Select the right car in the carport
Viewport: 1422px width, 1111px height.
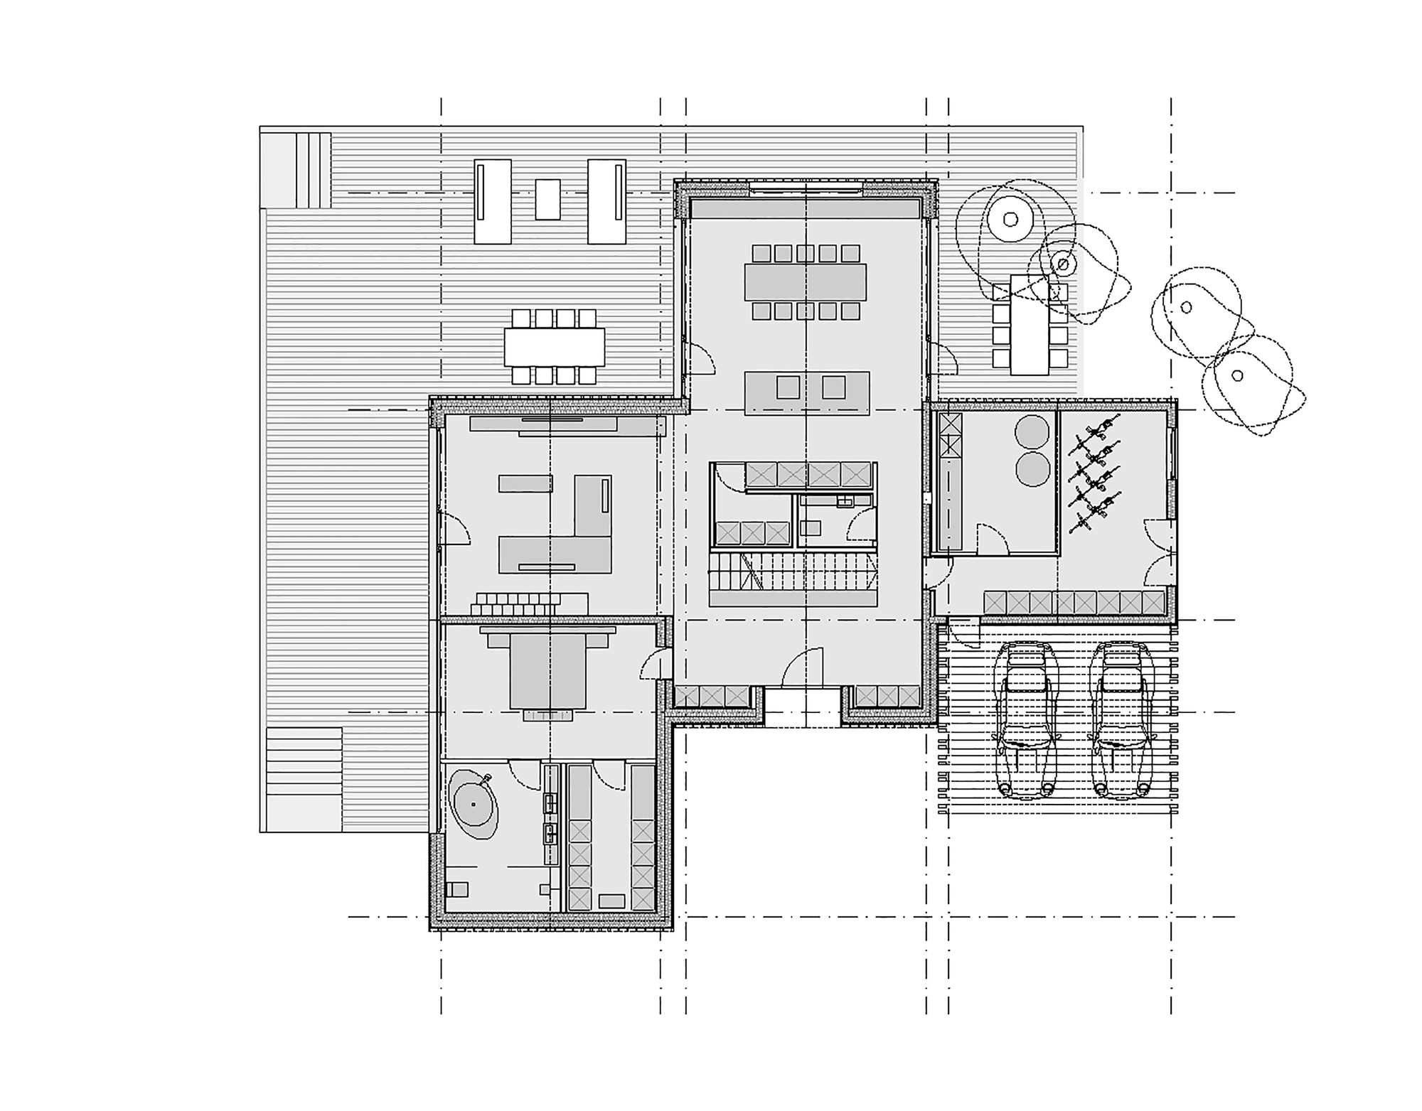(1122, 719)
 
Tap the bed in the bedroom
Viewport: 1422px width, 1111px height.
(547, 671)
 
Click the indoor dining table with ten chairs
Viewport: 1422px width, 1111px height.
(806, 282)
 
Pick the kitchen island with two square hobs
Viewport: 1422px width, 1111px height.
(807, 392)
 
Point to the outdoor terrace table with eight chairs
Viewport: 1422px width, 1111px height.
(555, 346)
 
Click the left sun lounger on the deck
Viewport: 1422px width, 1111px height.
(493, 201)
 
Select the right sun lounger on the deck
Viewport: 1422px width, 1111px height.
(606, 201)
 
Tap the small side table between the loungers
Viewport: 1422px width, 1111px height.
(547, 199)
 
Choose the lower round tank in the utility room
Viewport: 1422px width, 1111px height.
(1032, 470)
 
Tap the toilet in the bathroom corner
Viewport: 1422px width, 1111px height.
(456, 890)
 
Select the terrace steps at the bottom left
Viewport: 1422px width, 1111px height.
(304, 779)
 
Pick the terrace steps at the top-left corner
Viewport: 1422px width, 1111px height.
(295, 169)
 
